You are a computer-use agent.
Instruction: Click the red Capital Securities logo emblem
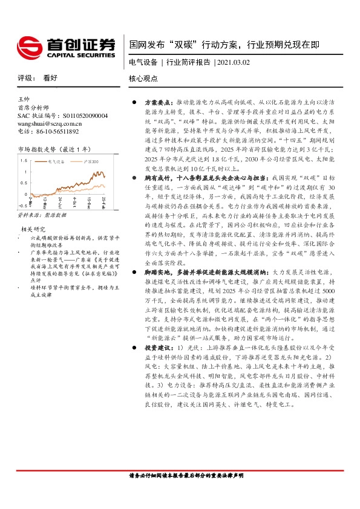point(28,45)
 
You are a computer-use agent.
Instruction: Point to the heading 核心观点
point(143,79)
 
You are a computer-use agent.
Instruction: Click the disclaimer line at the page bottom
point(182,476)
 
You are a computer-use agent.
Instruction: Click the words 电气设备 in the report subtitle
point(143,62)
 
